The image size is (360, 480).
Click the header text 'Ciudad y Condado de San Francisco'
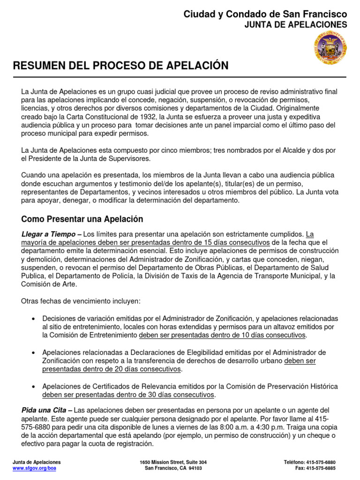265,15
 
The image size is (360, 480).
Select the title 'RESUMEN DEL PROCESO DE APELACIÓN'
121,66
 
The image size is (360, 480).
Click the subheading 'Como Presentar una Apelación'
82,219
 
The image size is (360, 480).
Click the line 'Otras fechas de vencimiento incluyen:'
81,301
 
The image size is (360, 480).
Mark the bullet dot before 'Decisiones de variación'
33,319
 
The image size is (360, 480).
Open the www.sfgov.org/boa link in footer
34,468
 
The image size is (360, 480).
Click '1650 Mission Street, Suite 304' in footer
173,462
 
